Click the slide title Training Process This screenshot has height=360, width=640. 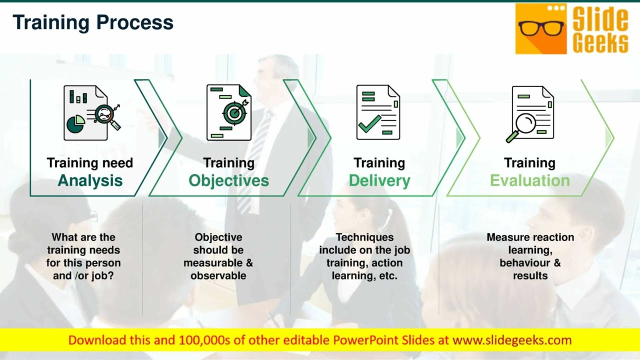[93, 22]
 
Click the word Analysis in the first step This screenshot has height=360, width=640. [90, 180]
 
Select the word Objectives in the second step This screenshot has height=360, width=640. [228, 180]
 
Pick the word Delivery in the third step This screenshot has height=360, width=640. [379, 180]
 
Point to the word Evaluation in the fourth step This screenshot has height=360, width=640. [529, 180]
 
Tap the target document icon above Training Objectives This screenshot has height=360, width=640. [229, 112]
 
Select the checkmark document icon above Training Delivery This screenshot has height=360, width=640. [378, 112]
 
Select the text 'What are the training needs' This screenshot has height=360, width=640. [83, 243]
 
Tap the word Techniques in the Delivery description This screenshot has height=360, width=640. [364, 237]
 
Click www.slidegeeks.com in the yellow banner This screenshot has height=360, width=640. [511, 340]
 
